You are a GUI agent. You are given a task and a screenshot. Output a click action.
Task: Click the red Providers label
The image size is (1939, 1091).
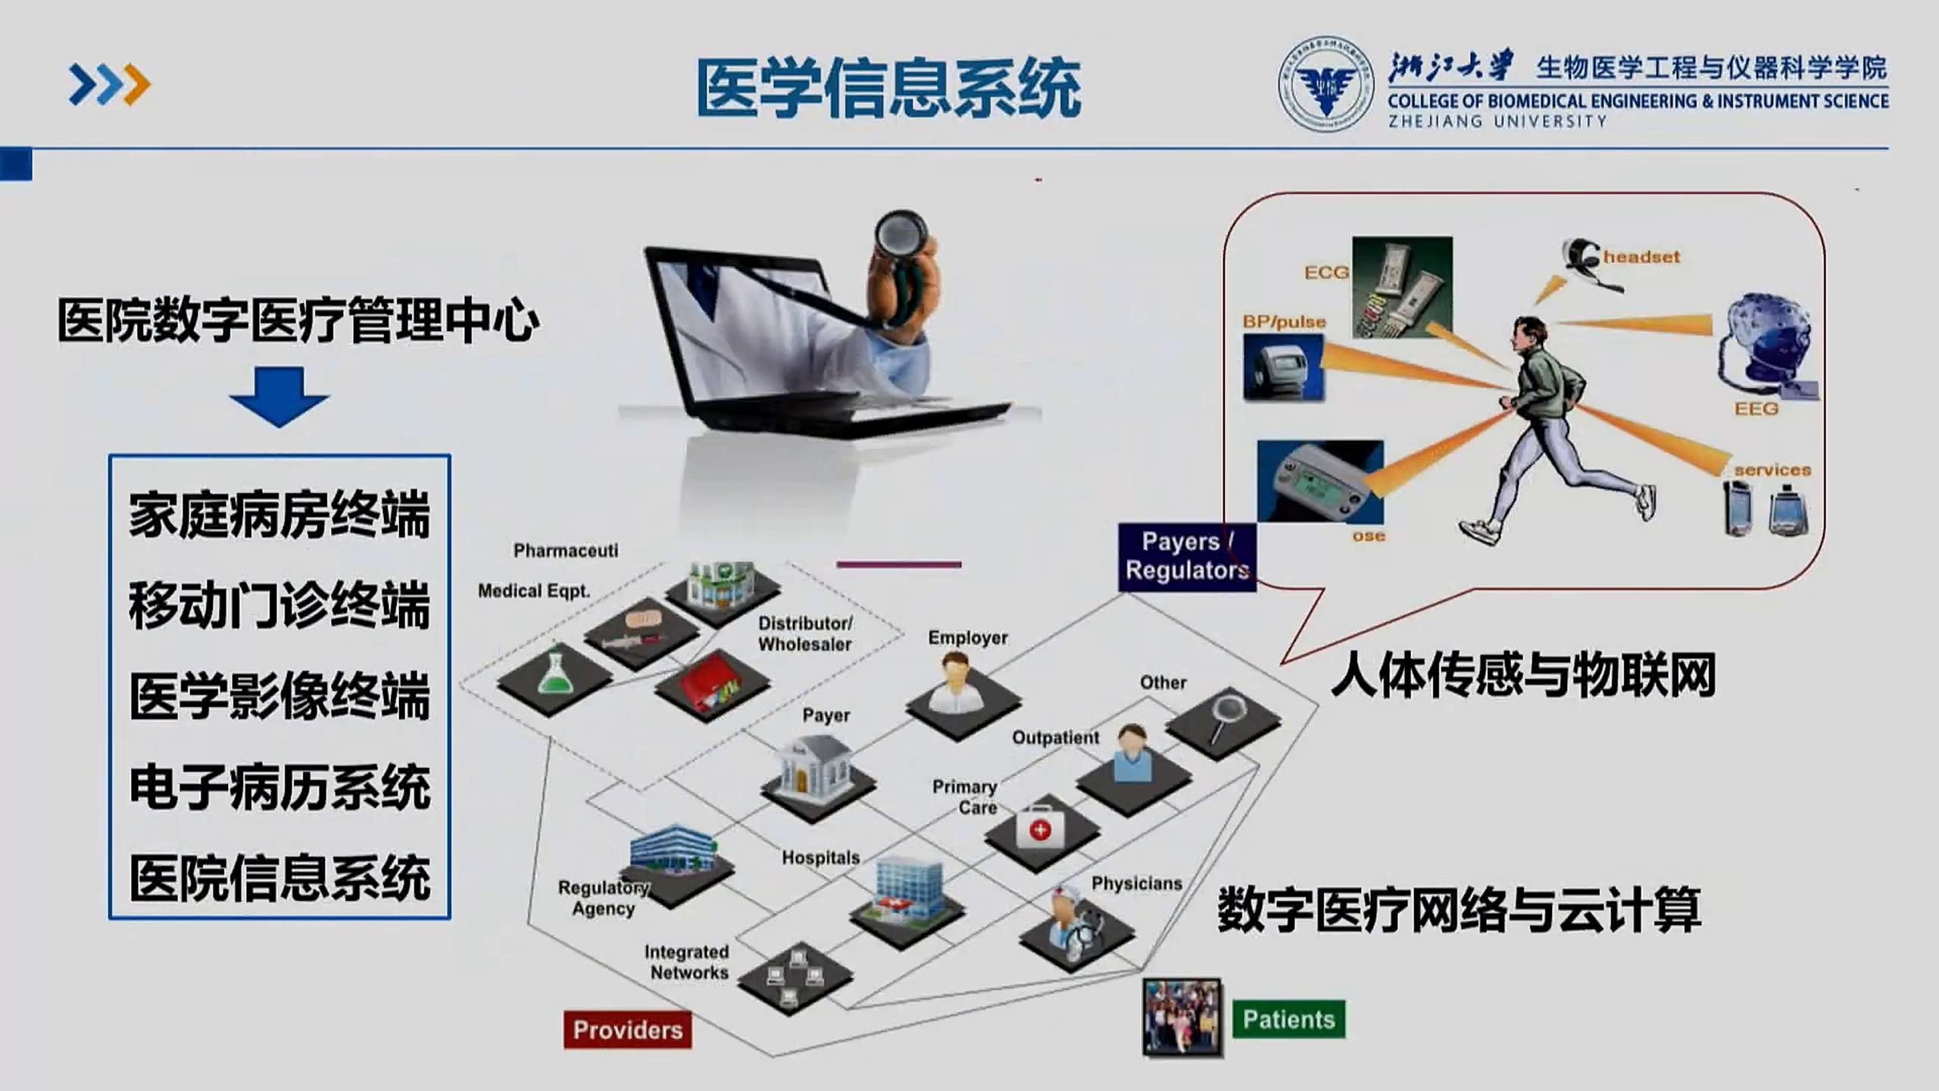click(x=627, y=1030)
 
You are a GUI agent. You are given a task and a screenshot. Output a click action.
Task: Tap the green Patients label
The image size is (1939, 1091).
click(x=1288, y=1019)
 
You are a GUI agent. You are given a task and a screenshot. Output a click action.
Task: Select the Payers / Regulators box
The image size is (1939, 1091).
click(x=1187, y=556)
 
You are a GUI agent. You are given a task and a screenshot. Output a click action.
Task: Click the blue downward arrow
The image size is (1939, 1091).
click(x=279, y=396)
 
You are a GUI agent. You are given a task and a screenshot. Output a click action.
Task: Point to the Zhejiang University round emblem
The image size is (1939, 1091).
click(x=1325, y=84)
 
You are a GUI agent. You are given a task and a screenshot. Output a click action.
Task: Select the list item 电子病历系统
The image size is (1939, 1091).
click(x=279, y=787)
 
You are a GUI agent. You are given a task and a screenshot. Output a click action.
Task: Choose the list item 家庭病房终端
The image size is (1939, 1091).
click(x=279, y=515)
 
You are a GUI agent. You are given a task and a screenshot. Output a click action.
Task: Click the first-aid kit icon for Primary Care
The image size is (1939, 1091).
click(x=1041, y=828)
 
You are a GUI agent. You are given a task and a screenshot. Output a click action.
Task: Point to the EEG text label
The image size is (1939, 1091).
click(x=1756, y=409)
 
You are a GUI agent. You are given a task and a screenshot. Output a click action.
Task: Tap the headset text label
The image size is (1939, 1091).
click(x=1641, y=257)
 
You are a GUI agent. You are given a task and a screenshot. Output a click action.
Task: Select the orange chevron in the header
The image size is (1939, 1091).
click(x=137, y=84)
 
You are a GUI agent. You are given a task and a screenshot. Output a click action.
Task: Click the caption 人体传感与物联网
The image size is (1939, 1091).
click(x=1523, y=675)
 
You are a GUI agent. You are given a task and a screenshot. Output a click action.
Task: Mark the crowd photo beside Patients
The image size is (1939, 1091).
click(x=1182, y=1017)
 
